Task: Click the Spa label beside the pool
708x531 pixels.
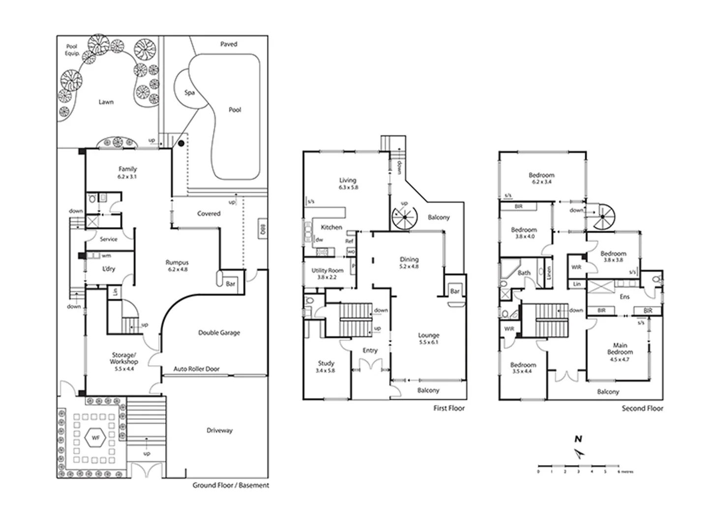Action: pyautogui.click(x=189, y=92)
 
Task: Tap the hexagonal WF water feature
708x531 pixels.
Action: pyautogui.click(x=95, y=437)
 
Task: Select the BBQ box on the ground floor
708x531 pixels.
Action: pyautogui.click(x=263, y=229)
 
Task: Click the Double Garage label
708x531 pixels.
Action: pyautogui.click(x=219, y=333)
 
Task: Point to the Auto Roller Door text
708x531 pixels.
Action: pyautogui.click(x=196, y=369)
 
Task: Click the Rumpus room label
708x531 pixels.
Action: pyautogui.click(x=177, y=265)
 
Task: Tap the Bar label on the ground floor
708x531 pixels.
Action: pyautogui.click(x=231, y=284)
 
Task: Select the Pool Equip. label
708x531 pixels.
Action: pyautogui.click(x=72, y=50)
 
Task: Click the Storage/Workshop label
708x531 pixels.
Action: pyautogui.click(x=123, y=361)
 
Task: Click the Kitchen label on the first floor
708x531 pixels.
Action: pyautogui.click(x=331, y=227)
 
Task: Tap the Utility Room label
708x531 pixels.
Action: pyautogui.click(x=327, y=273)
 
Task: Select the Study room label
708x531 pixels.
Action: pyautogui.click(x=325, y=366)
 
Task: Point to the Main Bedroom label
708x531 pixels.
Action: pyautogui.click(x=619, y=352)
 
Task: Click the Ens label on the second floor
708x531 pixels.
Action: pyautogui.click(x=624, y=296)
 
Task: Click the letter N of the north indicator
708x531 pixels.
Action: pyautogui.click(x=579, y=439)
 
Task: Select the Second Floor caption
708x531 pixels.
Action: pyautogui.click(x=642, y=408)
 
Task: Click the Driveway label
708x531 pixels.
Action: pyautogui.click(x=219, y=431)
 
